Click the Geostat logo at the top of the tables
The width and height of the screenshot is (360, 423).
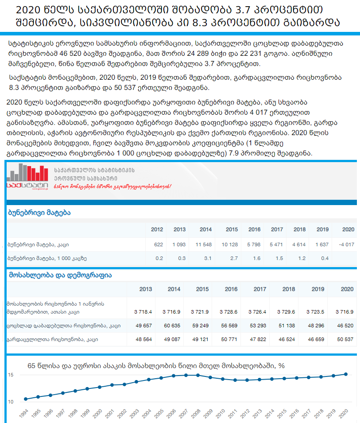point(27,179)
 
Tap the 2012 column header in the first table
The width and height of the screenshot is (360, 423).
point(157,229)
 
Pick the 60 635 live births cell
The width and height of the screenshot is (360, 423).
point(171,326)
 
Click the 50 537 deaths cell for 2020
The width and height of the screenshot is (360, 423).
point(344,339)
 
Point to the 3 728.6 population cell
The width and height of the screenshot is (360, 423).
point(228,312)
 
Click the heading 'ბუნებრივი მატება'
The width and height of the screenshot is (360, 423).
point(39,213)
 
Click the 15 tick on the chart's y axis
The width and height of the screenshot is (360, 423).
point(11,375)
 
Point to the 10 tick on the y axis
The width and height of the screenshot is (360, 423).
point(11,402)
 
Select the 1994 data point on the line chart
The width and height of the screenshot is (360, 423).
point(26,399)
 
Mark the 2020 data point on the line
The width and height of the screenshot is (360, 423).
point(345,374)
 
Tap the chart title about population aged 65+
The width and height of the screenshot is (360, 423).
point(156,366)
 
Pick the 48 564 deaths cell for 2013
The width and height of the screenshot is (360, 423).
point(143,339)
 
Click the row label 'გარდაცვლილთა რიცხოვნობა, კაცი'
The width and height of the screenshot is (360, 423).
point(52,339)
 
